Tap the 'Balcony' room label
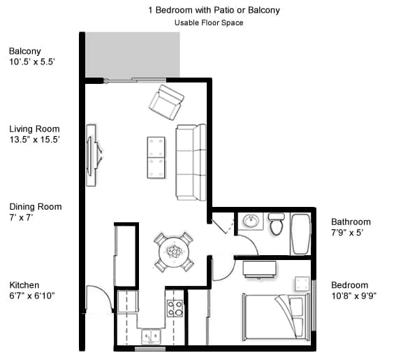24,51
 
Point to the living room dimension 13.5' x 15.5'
34,140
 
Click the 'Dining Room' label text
35,207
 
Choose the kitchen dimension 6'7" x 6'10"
32,296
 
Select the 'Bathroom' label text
350,222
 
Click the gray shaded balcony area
132,55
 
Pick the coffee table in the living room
156,157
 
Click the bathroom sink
251,222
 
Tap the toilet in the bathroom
277,224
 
